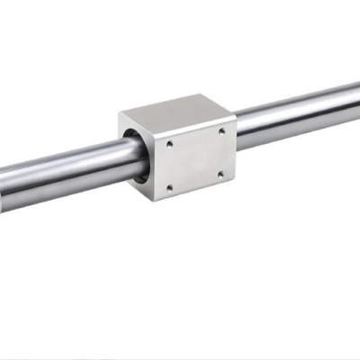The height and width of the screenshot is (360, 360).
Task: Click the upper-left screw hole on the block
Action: (x=169, y=142)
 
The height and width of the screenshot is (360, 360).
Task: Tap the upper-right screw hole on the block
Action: (x=221, y=132)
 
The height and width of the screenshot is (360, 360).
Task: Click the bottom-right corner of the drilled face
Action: (x=237, y=181)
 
